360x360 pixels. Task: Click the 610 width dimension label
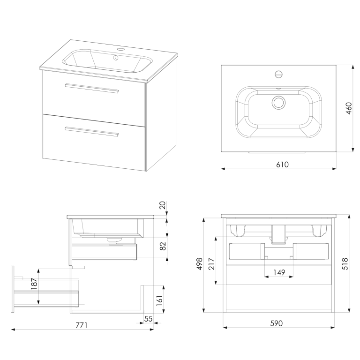tap(282, 165)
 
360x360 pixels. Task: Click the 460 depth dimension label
tap(348, 108)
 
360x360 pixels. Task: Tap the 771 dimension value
tap(82, 325)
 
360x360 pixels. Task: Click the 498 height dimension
tap(199, 264)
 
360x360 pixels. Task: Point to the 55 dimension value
tap(149, 319)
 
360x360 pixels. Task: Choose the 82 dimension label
tap(163, 247)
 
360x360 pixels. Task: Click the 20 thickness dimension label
tap(162, 205)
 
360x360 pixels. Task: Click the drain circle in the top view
tap(279, 102)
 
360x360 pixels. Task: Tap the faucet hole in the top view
tap(279, 74)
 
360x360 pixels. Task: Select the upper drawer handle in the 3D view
tap(93, 89)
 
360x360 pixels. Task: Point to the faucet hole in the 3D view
tap(121, 48)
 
